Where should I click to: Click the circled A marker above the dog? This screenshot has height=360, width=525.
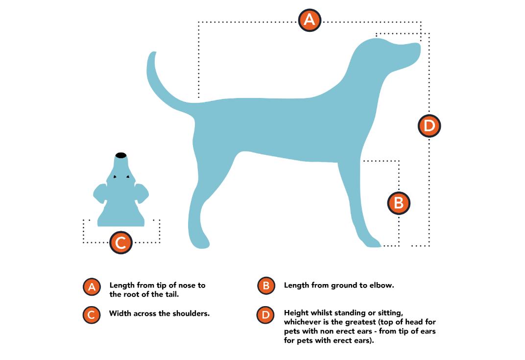[310, 20]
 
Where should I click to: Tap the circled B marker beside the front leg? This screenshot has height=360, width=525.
[399, 203]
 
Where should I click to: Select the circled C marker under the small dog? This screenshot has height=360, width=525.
[120, 242]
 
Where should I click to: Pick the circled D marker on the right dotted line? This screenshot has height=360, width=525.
[429, 125]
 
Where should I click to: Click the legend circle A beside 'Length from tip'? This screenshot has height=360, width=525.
[92, 287]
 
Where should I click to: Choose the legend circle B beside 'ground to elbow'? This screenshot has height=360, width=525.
[266, 286]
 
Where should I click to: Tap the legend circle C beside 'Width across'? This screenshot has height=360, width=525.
[92, 315]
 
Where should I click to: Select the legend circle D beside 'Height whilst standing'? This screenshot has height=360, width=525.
[265, 315]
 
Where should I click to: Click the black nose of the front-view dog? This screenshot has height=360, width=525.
[121, 155]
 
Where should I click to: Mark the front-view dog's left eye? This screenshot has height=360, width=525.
[115, 176]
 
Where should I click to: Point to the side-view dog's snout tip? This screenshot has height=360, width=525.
[419, 47]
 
